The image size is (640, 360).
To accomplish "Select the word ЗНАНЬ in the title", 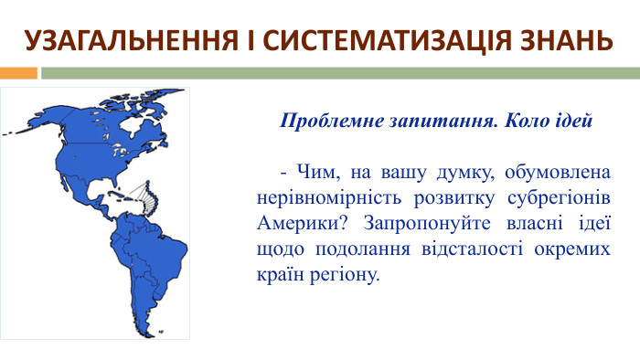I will (x=560, y=41).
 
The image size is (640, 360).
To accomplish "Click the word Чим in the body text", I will (x=307, y=173).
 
